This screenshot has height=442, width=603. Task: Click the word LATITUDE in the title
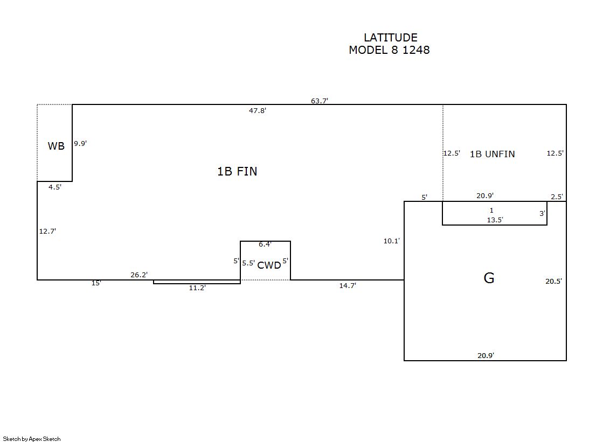pyautogui.click(x=390, y=38)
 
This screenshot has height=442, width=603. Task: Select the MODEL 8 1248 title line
pyautogui.click(x=389, y=50)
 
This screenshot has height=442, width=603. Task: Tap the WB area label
pyautogui.click(x=56, y=146)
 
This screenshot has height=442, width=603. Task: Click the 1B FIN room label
pyautogui.click(x=237, y=171)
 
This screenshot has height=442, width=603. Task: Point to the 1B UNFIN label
pyautogui.click(x=492, y=154)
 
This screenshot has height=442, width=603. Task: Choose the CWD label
pyautogui.click(x=269, y=265)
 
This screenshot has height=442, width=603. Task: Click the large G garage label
pyautogui.click(x=489, y=278)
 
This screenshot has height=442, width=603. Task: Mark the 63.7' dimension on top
pyautogui.click(x=320, y=101)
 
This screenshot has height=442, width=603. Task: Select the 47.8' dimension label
pyautogui.click(x=258, y=110)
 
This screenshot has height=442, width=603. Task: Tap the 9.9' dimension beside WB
pyautogui.click(x=80, y=143)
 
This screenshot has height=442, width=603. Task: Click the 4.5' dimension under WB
pyautogui.click(x=55, y=187)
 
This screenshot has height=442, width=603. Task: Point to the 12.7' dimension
pyautogui.click(x=47, y=231)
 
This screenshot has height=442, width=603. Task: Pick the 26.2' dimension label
pyautogui.click(x=139, y=275)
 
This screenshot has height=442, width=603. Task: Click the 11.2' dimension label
pyautogui.click(x=197, y=287)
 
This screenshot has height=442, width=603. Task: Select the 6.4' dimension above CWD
pyautogui.click(x=265, y=244)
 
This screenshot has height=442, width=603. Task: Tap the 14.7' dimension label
pyautogui.click(x=348, y=285)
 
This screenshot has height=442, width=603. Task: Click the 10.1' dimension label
pyautogui.click(x=392, y=241)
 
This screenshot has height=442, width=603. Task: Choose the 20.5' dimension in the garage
pyautogui.click(x=553, y=281)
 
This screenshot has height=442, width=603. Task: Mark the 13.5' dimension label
pyautogui.click(x=495, y=219)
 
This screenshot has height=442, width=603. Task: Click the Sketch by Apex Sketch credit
pyautogui.click(x=32, y=439)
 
